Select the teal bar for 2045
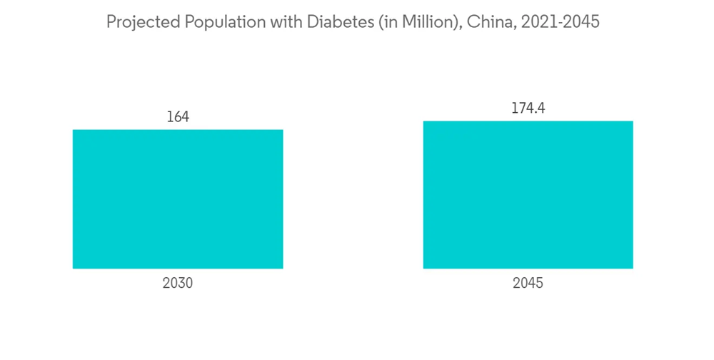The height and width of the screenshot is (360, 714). point(528,194)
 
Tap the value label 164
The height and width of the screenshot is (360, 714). point(178,116)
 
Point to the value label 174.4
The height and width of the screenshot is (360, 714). point(528,108)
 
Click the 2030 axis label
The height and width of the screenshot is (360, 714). point(178,283)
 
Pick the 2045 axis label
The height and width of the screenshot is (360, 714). point(528,283)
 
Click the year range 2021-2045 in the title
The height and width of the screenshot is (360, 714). point(560,22)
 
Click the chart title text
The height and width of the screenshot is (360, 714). point(353,22)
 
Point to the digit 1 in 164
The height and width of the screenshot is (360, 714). point(169,116)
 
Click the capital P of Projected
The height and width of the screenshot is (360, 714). point(111,22)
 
